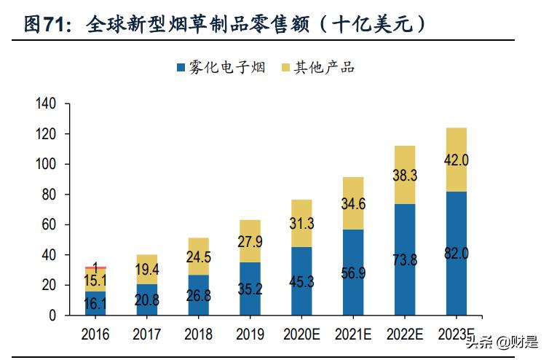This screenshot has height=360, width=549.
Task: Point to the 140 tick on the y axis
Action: point(45,104)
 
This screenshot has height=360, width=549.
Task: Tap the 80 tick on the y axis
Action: point(48,195)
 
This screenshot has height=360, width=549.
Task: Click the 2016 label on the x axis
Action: point(95,335)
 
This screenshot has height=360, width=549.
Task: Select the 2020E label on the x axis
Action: point(302,335)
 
